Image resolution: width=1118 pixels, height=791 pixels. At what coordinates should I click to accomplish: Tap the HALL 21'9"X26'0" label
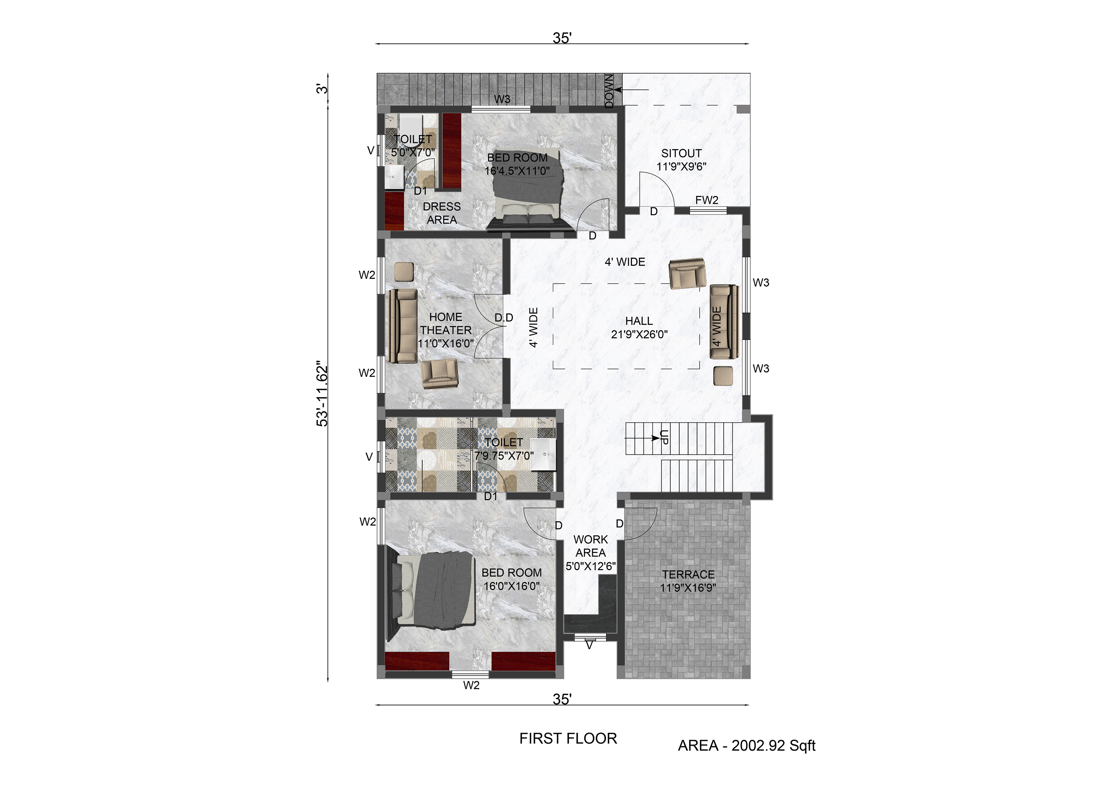(x=639, y=328)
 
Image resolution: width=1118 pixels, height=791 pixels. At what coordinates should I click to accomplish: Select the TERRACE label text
(x=688, y=575)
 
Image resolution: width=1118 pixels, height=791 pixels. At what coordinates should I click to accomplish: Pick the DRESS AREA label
(x=442, y=213)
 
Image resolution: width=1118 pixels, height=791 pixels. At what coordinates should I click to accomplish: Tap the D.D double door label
(x=504, y=318)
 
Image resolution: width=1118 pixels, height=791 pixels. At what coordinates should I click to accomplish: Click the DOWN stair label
(x=609, y=91)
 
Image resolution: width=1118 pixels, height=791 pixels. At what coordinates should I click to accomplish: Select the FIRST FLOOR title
(x=568, y=738)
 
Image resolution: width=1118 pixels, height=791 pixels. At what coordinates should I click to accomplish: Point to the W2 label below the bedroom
(x=471, y=685)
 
